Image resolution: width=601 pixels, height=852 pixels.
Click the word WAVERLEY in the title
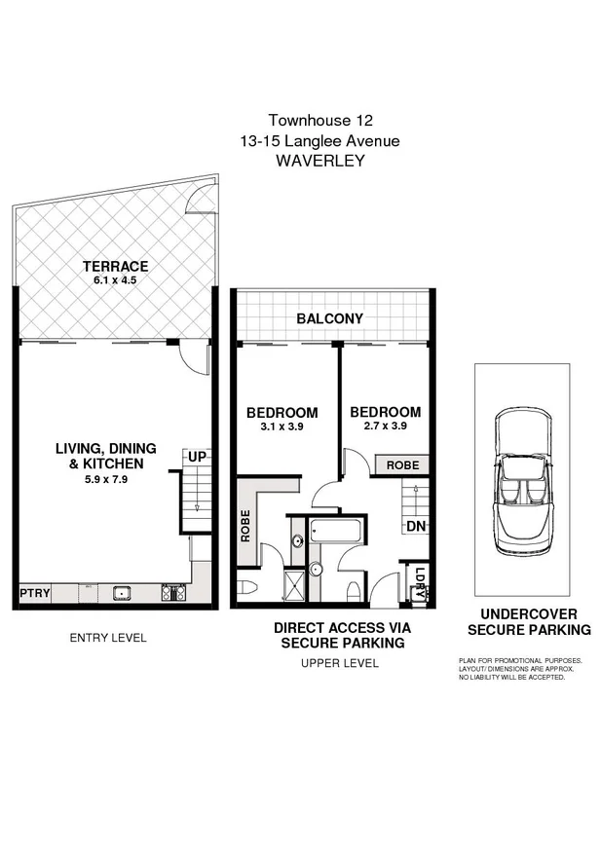pos(320,161)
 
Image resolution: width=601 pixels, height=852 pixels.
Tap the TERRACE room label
pos(115,266)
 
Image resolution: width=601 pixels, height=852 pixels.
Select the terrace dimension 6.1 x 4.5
pos(115,280)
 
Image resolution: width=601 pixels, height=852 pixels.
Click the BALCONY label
pos(329,318)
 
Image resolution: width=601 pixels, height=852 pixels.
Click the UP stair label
pos(197,457)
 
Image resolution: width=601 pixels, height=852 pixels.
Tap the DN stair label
pos(414,526)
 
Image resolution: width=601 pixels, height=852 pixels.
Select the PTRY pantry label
pos(34,593)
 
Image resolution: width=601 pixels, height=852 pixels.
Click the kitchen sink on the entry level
pos(123,591)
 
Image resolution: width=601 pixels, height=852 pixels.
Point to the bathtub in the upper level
pos(335,533)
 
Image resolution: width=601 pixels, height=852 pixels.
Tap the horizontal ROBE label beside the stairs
pos(402,465)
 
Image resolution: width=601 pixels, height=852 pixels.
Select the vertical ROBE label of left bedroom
pos(245,526)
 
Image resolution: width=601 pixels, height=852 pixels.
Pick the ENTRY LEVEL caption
pos(108,638)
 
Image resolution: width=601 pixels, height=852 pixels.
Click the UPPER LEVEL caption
pos(340,663)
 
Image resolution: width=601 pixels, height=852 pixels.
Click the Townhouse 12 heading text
pos(320,122)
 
